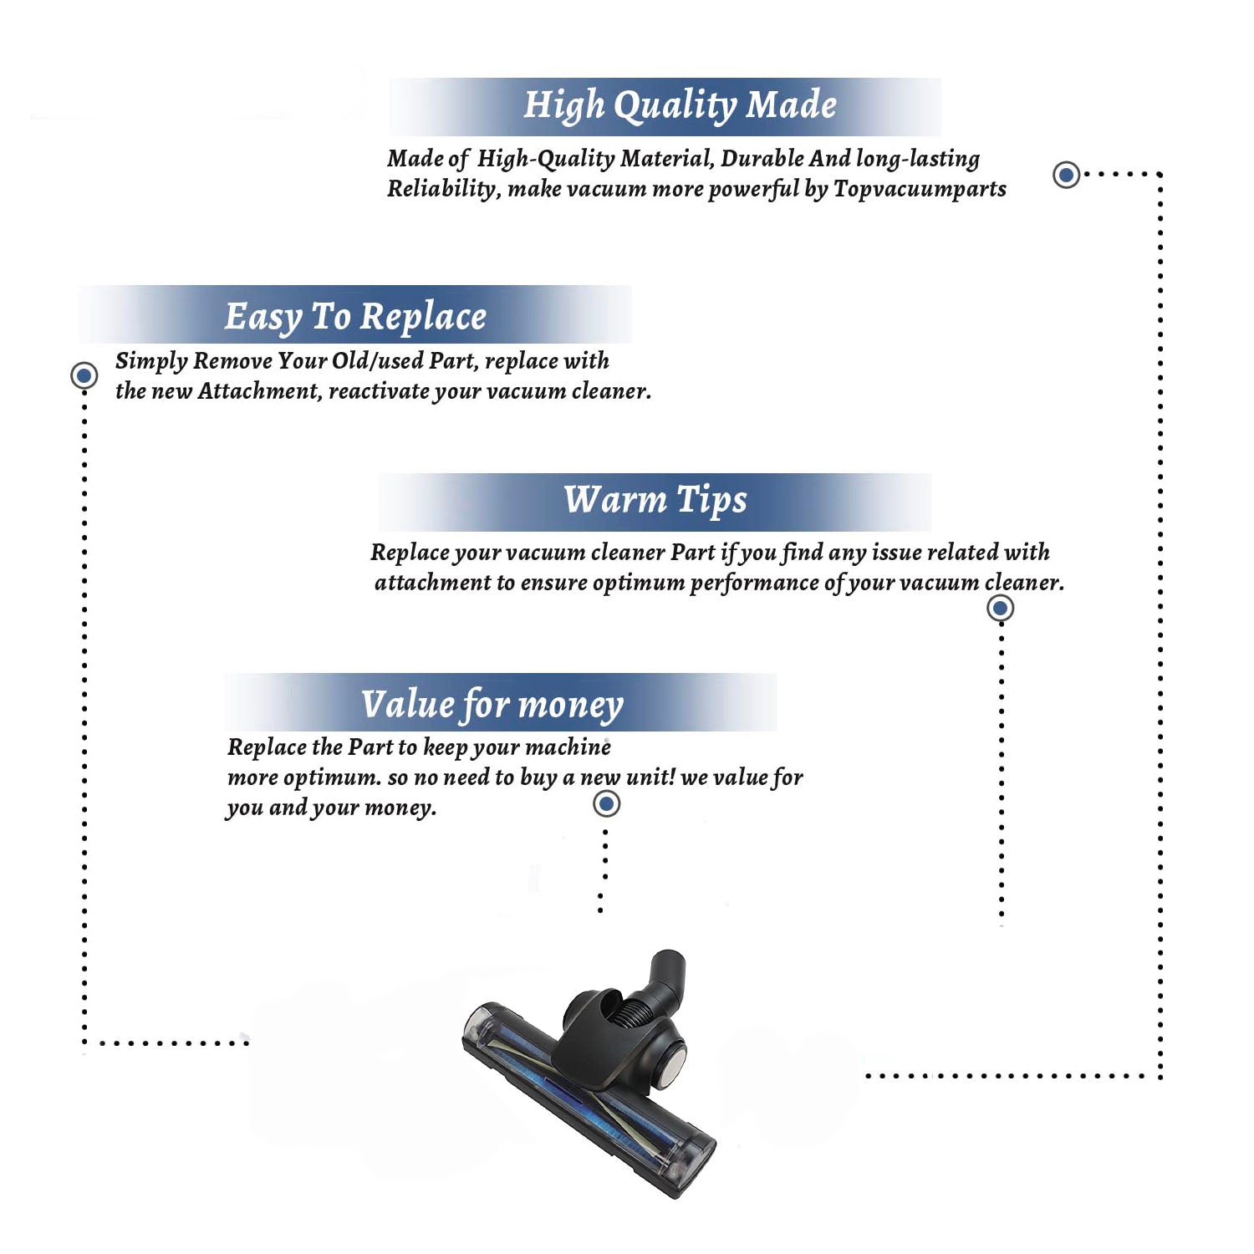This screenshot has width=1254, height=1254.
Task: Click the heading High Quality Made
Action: [680, 106]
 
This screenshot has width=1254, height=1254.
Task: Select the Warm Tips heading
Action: [655, 501]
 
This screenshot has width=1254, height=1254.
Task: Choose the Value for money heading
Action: [492, 705]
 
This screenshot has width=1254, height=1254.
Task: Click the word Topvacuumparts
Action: [920, 189]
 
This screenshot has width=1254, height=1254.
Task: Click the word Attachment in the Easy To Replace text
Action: [259, 391]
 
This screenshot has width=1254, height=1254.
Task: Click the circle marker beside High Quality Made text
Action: [1066, 175]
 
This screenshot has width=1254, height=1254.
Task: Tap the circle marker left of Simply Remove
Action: [84, 375]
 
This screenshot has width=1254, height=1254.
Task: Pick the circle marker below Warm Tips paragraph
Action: [1001, 608]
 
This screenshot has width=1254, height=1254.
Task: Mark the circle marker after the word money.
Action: [606, 803]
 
